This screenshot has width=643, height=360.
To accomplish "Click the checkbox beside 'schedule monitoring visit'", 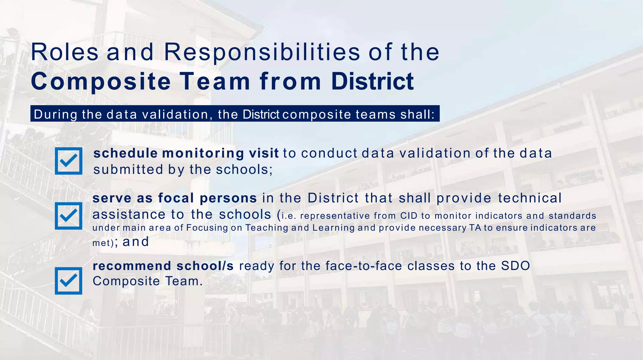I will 68,161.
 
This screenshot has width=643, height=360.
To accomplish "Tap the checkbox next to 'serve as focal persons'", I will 68,216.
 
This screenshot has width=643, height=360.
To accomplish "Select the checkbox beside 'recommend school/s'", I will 68,281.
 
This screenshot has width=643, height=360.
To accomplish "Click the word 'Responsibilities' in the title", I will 262,52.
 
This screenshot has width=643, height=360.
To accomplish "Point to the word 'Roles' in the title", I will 65,52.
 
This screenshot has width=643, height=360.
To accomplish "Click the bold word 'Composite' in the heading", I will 101,82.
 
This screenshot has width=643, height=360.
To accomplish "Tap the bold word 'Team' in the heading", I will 215,82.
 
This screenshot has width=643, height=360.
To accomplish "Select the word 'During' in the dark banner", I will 55,114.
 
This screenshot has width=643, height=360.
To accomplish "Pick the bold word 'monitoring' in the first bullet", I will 203,153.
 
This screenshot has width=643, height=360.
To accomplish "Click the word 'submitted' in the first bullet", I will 128,169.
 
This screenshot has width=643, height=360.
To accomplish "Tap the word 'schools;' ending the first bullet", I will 244,169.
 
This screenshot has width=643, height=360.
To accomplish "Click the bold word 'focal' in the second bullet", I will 176,198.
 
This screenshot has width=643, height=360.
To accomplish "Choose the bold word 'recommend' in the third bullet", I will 132,266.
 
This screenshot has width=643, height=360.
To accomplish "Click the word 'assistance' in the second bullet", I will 129,215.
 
